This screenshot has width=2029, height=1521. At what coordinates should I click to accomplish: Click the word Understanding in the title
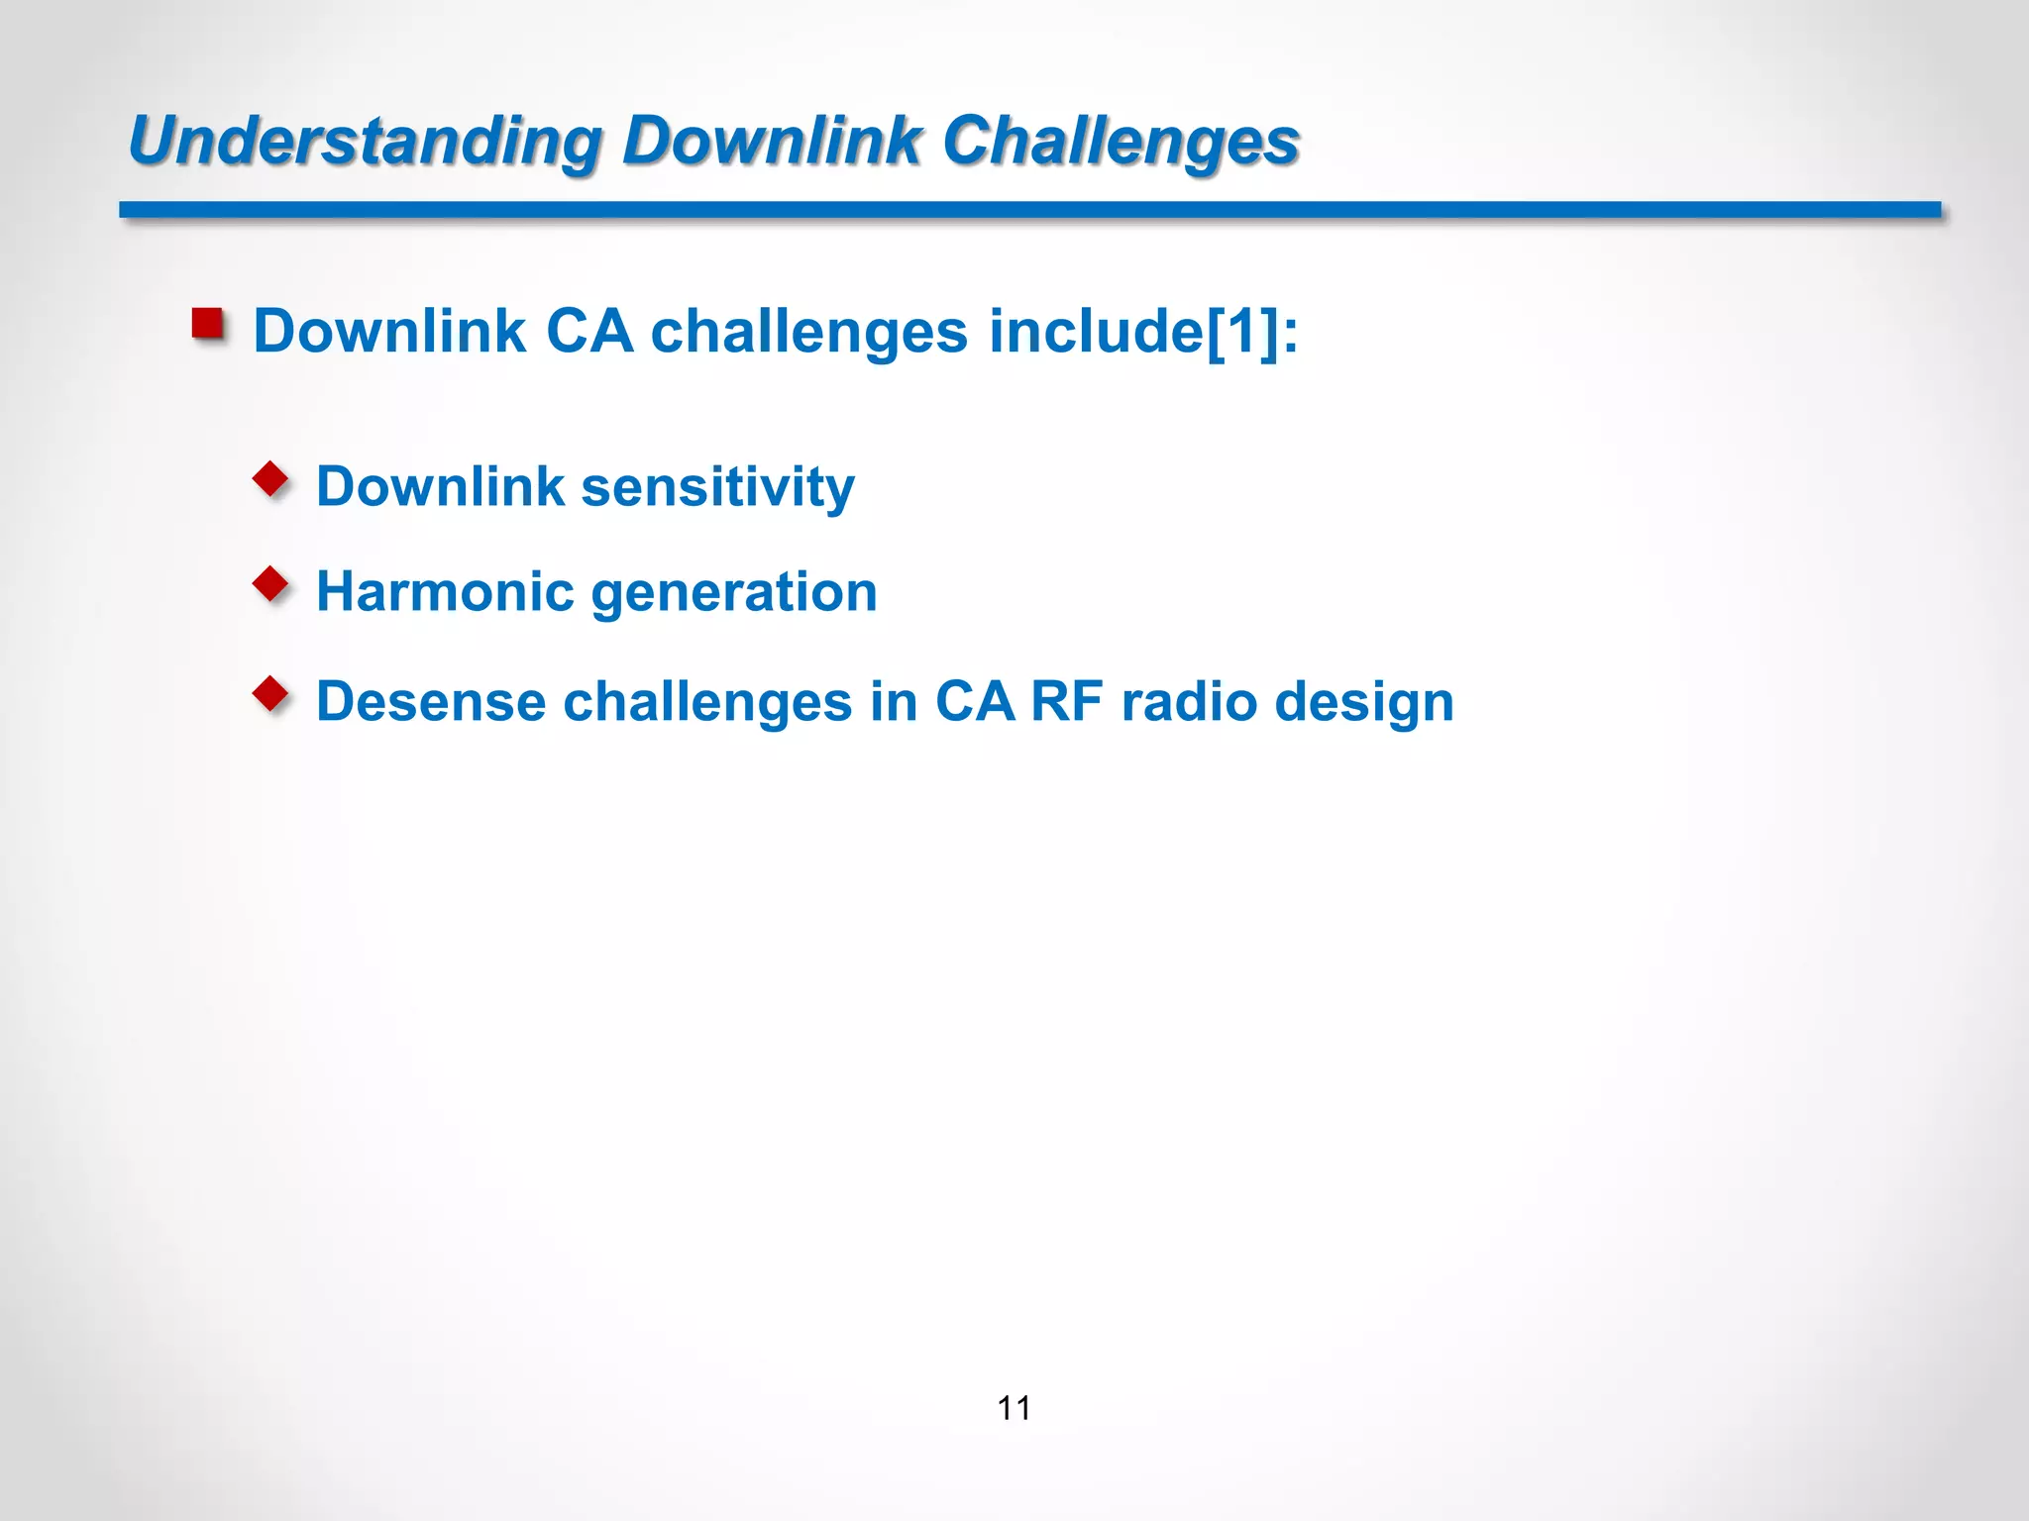coord(364,141)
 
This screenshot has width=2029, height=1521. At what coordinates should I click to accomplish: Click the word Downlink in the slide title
coord(772,141)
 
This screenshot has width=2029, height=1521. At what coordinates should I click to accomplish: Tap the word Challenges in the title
coord(1121,141)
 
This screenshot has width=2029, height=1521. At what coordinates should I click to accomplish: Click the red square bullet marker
coord(208,324)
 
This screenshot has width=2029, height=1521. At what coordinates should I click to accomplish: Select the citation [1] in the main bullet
coord(1242,331)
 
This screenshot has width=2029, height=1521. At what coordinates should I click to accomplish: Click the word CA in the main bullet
coord(589,331)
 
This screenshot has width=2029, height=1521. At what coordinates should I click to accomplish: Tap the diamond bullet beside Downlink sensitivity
coord(270,480)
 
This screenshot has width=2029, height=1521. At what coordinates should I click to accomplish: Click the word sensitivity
coord(717,487)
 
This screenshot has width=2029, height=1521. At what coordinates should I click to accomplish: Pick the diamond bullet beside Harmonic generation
coord(270,584)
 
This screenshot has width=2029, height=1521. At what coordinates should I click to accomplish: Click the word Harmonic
coord(445,592)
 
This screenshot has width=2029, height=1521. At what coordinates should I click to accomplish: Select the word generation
coord(734,592)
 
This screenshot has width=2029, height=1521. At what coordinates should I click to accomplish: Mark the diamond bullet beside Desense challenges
coord(270,694)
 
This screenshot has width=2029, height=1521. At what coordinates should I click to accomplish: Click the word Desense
coord(430,702)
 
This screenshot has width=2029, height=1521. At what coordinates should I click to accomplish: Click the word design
coord(1364,702)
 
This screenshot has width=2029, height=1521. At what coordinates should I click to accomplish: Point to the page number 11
coord(1014,1408)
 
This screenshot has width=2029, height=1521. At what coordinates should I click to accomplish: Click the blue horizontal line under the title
coord(1030,210)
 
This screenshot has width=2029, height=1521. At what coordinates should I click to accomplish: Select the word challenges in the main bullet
coord(808,331)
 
